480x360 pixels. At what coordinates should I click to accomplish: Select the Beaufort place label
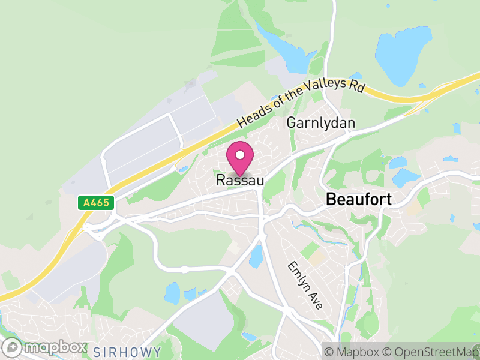(358, 200)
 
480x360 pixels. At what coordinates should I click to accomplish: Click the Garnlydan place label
(321, 123)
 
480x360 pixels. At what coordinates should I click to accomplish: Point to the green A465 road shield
(96, 203)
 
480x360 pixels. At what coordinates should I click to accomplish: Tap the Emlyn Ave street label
(305, 285)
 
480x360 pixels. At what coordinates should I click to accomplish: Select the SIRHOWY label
(127, 352)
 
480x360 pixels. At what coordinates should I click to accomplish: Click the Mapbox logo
(46, 347)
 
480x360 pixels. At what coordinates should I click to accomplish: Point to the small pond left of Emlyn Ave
(256, 256)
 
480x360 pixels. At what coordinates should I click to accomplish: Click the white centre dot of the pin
(240, 155)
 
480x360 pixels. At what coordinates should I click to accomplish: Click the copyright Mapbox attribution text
(354, 351)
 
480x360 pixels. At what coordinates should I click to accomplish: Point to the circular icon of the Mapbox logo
(12, 347)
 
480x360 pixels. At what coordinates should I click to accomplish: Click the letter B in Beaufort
(331, 200)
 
